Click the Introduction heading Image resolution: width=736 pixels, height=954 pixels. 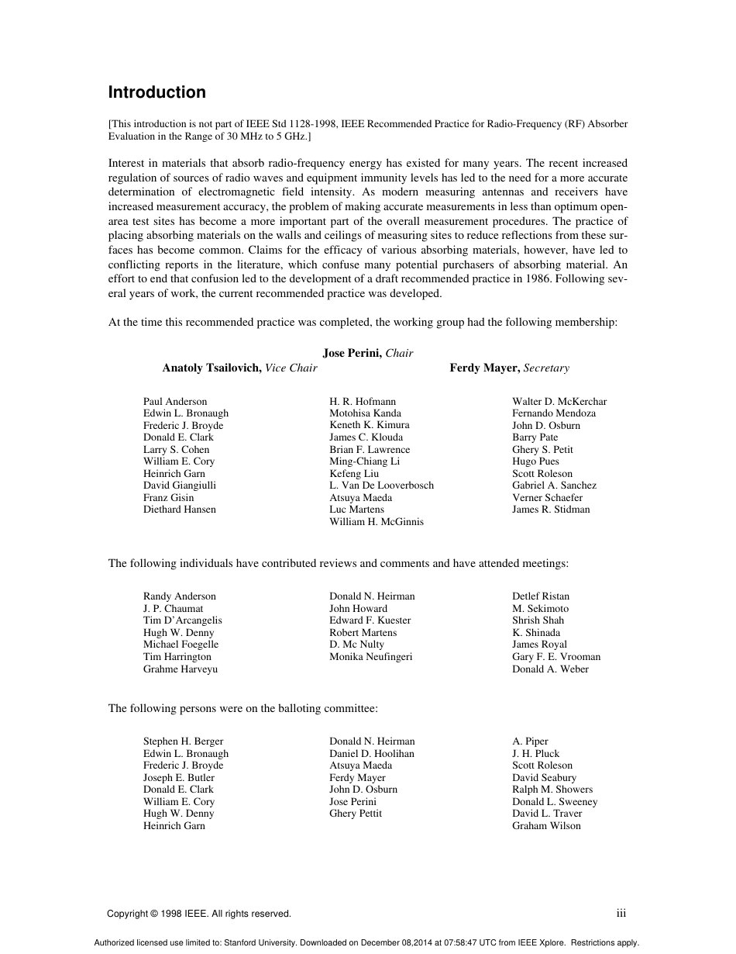[x=156, y=92]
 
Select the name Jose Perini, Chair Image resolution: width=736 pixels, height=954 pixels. [x=368, y=353]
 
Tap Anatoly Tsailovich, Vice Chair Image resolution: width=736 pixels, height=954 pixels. [x=239, y=368]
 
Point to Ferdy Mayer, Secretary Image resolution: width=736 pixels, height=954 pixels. [x=509, y=368]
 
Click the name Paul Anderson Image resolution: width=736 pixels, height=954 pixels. [x=175, y=402]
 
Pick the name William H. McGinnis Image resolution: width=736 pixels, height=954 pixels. [x=377, y=522]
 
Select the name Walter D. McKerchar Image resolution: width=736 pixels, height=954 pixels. [x=559, y=402]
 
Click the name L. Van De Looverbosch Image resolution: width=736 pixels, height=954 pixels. [x=381, y=486]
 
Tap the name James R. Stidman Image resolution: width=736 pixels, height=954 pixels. [x=551, y=510]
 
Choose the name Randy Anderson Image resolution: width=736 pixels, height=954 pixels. [x=180, y=596]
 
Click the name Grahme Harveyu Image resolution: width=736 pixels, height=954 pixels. [x=181, y=669]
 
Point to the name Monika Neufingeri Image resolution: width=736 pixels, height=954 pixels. [x=371, y=657]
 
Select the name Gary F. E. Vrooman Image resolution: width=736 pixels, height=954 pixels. [x=556, y=657]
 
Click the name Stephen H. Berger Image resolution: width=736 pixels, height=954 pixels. [x=183, y=741]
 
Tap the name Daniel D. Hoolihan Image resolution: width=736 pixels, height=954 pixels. [x=372, y=754]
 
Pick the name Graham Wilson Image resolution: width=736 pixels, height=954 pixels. [x=546, y=826]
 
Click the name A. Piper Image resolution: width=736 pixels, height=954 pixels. [x=530, y=741]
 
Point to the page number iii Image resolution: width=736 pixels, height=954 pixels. [x=621, y=914]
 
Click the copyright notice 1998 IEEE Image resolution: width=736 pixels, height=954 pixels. [x=199, y=914]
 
